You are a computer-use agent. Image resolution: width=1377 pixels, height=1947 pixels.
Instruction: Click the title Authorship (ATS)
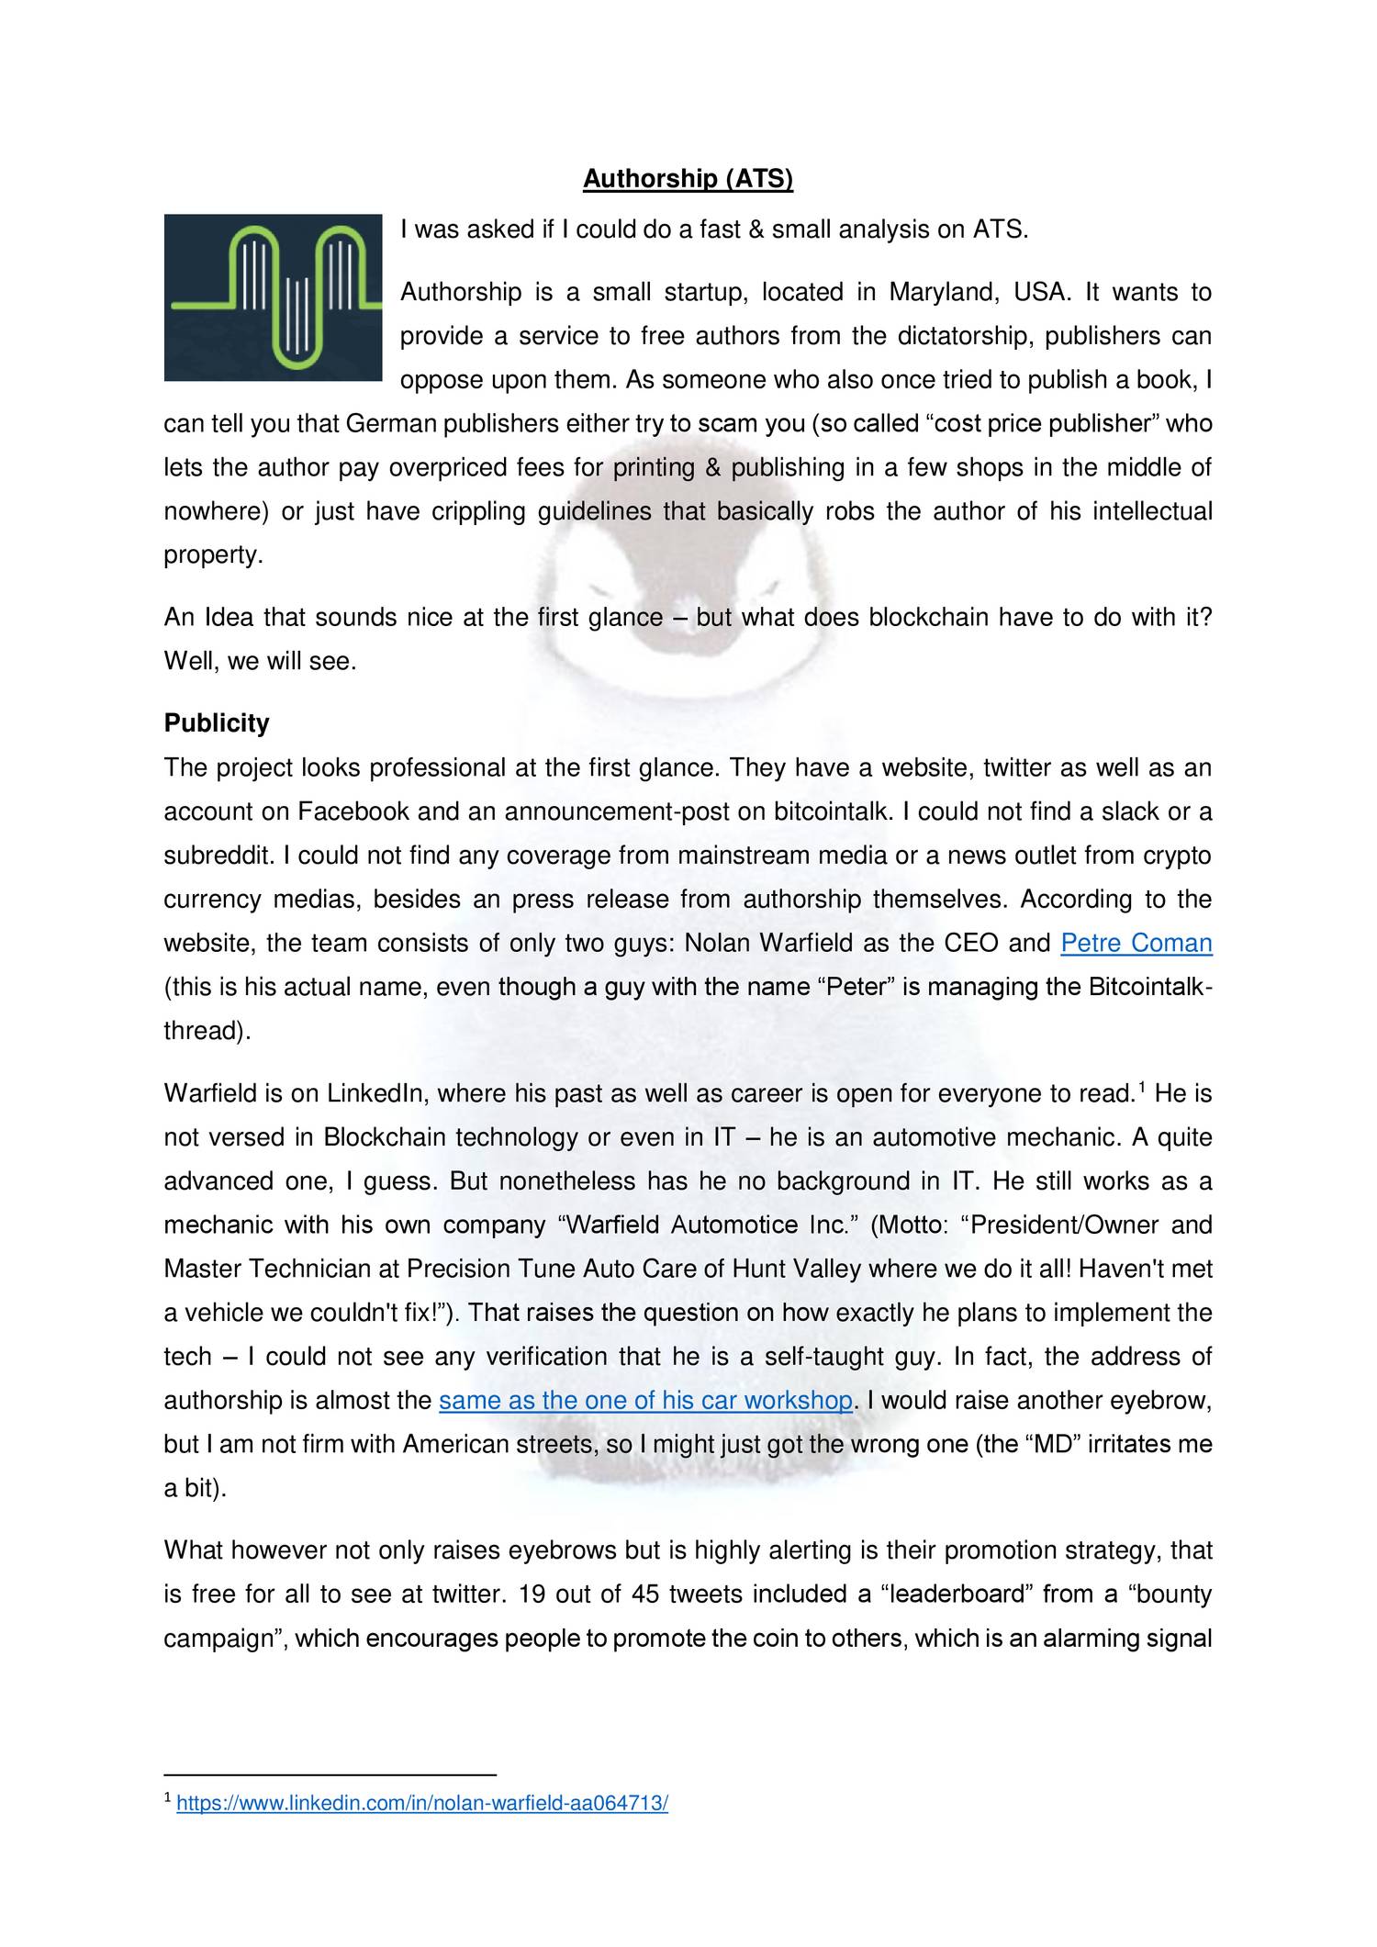pos(688,179)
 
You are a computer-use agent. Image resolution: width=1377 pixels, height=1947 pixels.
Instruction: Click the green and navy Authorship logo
pos(273,297)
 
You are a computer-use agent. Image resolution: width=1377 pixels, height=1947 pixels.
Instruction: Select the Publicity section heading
pos(217,723)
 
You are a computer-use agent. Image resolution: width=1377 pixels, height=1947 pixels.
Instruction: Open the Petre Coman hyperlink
pos(1136,943)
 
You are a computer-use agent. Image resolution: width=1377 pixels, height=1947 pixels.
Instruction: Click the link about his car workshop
pos(645,1401)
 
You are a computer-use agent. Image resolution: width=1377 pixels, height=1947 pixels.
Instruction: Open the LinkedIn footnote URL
pos(421,1830)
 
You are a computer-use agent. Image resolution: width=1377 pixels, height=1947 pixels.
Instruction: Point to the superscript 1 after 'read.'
pos(1142,1088)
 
